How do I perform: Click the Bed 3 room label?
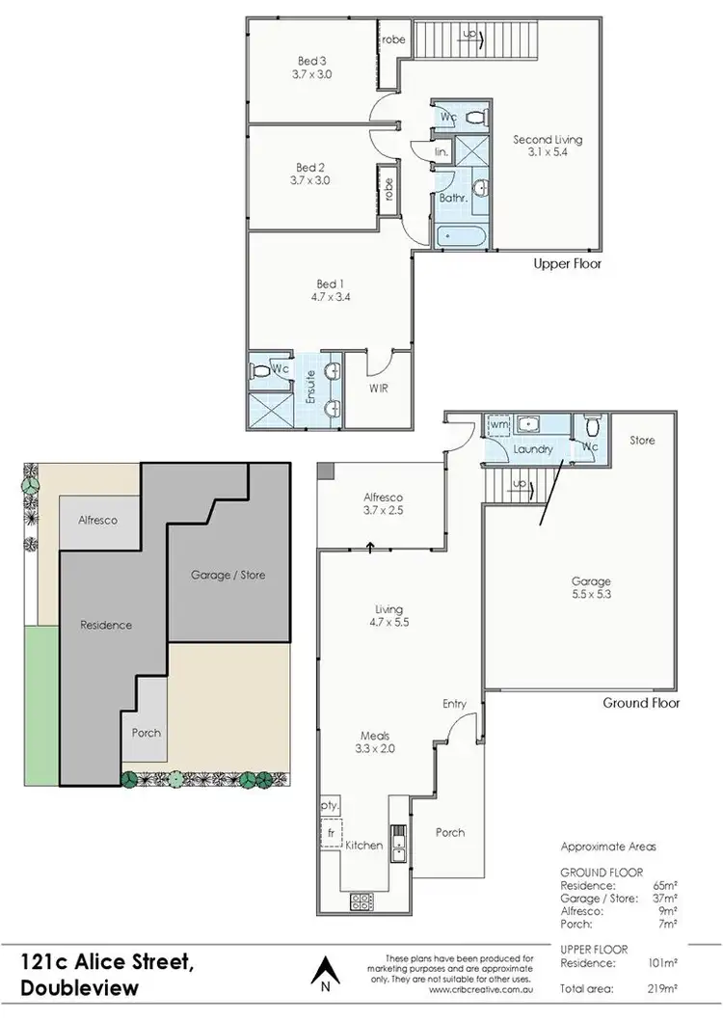pyautogui.click(x=309, y=58)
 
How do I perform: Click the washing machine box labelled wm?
pyautogui.click(x=499, y=423)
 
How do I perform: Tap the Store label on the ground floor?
pyautogui.click(x=642, y=441)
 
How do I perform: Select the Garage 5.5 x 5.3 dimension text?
pyautogui.click(x=591, y=597)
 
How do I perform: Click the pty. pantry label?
pyautogui.click(x=327, y=804)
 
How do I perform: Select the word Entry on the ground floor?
pyautogui.click(x=454, y=704)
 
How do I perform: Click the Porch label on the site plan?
pyautogui.click(x=147, y=733)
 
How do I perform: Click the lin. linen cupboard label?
pyautogui.click(x=442, y=152)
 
